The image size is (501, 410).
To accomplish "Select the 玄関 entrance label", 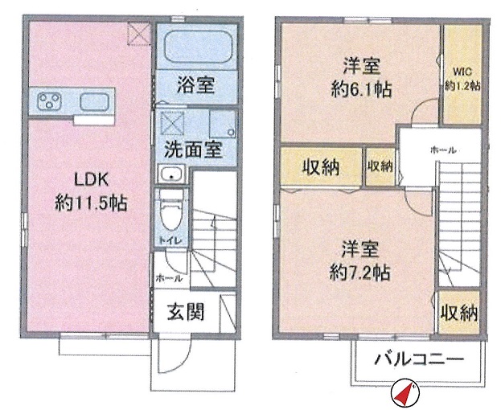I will pos(186,311).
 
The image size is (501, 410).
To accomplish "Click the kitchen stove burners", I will pos(49,102).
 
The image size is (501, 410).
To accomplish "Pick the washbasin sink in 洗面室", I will pos(171,176).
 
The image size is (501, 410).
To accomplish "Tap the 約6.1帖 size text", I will pos(362,89).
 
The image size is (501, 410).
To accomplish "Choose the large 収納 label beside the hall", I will pos(321,167).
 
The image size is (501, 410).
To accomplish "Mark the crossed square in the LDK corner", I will pos(139,34).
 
